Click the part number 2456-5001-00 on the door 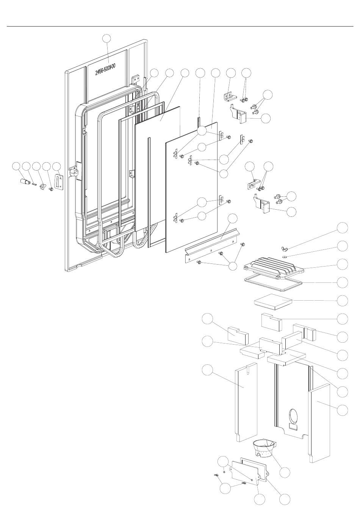[105, 69]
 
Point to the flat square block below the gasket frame [273, 301]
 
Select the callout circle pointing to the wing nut [342, 228]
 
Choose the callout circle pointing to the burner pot [284, 472]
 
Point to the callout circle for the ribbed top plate [342, 264]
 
